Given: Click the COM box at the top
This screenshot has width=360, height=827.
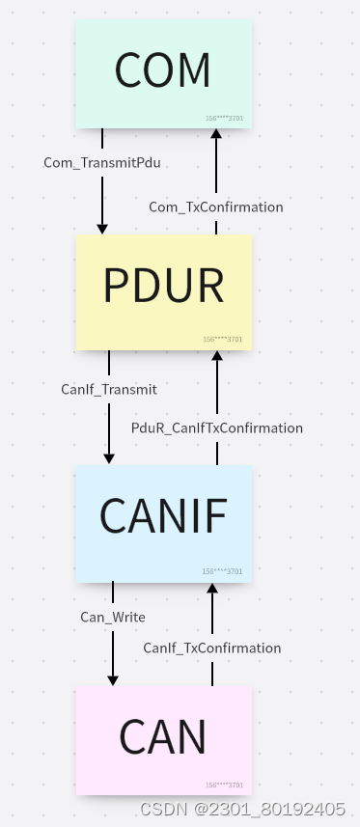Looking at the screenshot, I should point(163,71).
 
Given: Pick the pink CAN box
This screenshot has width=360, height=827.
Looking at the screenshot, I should point(163,739).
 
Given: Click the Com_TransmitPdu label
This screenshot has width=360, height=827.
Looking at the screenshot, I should point(101,163).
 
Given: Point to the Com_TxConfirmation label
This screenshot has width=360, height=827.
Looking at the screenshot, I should point(215,207).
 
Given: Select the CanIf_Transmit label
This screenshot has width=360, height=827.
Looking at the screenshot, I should point(109,390).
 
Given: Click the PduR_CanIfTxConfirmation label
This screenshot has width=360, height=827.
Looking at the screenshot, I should point(217,427).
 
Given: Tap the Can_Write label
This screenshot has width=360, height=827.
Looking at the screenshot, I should point(113,616).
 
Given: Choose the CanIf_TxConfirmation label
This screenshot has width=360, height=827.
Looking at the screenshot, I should point(212,648).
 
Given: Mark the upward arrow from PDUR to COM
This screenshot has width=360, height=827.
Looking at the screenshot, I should point(216,164).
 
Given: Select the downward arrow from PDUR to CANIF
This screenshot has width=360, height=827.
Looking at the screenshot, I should point(109,425).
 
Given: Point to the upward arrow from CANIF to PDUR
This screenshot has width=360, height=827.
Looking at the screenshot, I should point(217,386).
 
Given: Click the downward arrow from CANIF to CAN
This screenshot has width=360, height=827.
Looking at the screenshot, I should point(113,651).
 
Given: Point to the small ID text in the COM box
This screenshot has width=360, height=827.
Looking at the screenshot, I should point(224,119).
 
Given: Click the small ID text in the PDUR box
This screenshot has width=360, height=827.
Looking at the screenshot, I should point(222,340).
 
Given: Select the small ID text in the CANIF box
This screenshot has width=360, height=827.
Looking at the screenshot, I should point(222,571).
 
